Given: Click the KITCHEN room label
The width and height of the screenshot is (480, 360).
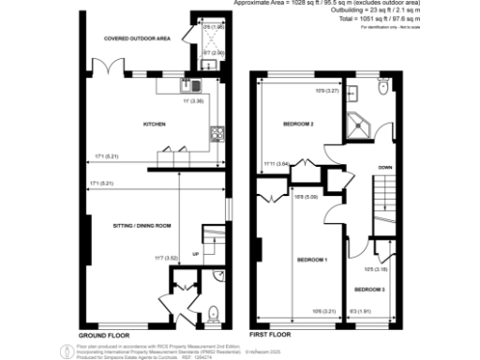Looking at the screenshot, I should [154, 124].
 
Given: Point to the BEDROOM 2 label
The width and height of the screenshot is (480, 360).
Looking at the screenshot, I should [298, 124].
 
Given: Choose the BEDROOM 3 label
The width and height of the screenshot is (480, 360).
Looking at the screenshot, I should [370, 290].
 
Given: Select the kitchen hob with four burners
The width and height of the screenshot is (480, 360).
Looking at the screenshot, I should [217, 132].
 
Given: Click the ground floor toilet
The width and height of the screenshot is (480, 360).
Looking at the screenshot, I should [214, 312].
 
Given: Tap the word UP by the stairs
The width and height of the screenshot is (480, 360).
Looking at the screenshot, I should [195, 253].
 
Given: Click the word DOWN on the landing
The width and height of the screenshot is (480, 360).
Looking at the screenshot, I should [384, 168].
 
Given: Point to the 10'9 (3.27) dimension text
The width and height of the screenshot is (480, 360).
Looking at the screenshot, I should [326, 91].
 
